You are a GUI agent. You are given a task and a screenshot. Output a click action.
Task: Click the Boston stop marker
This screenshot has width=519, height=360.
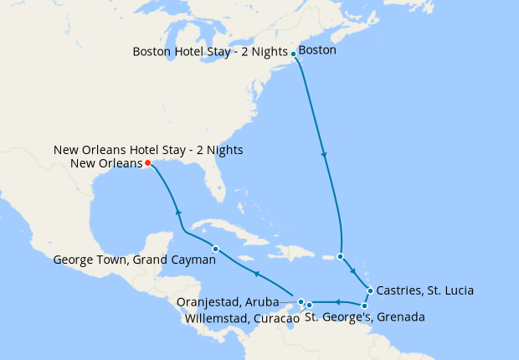[x=293, y=54]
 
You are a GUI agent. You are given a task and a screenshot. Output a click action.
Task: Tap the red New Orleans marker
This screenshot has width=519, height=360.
[x=147, y=163]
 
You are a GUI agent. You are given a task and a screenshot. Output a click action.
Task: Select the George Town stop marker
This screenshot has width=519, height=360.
[x=215, y=249]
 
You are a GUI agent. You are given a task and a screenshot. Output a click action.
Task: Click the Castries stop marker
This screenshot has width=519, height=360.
[x=370, y=291]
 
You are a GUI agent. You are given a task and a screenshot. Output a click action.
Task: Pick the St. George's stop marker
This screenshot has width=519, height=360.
[x=364, y=306]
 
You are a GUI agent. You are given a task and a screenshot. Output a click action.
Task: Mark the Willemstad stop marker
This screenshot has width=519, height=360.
[x=309, y=305]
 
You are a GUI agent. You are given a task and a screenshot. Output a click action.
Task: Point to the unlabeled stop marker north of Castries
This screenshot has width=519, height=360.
[x=340, y=256]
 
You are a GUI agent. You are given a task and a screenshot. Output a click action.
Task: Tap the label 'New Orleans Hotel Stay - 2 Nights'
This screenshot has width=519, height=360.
[x=148, y=150]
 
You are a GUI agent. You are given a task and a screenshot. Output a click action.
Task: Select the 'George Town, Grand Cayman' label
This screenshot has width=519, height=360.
[x=135, y=260]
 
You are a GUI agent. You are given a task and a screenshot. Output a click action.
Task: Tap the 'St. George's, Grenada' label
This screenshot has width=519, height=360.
[x=364, y=318]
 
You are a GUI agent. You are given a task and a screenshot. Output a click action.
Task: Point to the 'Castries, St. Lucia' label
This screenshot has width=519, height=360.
[x=425, y=291]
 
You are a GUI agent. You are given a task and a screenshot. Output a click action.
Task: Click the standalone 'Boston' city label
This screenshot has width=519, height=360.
[x=317, y=51]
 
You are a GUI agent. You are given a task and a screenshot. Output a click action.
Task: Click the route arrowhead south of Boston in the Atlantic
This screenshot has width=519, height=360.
[x=324, y=155]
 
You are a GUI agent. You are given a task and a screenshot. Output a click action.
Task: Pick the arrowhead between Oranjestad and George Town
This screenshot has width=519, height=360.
[x=258, y=275]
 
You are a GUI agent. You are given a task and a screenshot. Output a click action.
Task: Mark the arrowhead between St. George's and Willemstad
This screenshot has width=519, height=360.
[x=337, y=301]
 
